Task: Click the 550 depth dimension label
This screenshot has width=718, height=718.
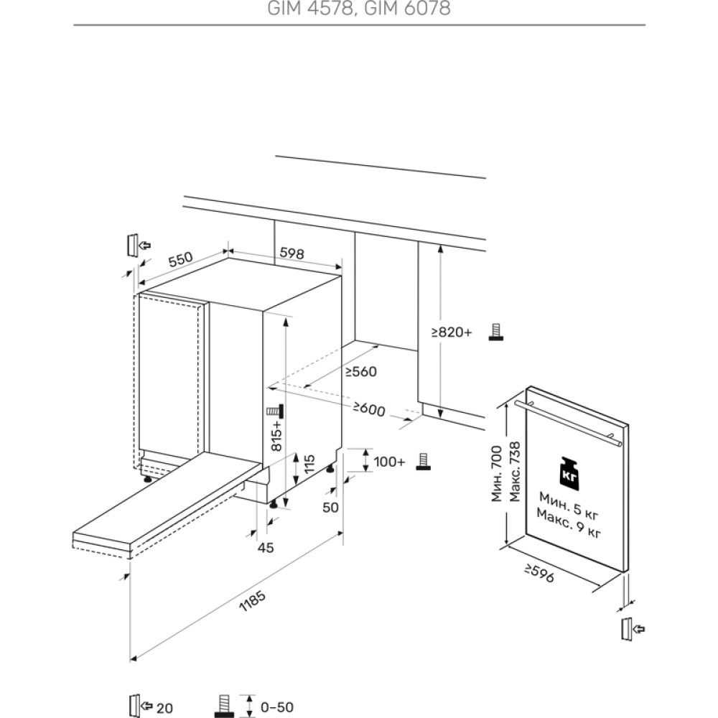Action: pyautogui.click(x=180, y=259)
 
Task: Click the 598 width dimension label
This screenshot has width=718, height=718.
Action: pyautogui.click(x=292, y=253)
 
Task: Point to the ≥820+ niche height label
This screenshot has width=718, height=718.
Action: pyautogui.click(x=452, y=332)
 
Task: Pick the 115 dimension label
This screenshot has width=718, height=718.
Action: pyautogui.click(x=308, y=467)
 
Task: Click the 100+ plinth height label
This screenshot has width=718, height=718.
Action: pyautogui.click(x=390, y=462)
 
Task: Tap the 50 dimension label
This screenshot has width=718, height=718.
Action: pyautogui.click(x=330, y=508)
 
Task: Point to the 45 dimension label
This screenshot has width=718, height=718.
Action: pyautogui.click(x=266, y=548)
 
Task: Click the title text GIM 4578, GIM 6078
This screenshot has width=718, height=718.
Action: pyautogui.click(x=360, y=9)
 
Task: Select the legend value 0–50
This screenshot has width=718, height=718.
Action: pyautogui.click(x=277, y=707)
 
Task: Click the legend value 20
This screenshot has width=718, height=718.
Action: pyautogui.click(x=164, y=708)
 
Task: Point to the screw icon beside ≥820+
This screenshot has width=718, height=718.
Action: pyautogui.click(x=495, y=332)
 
